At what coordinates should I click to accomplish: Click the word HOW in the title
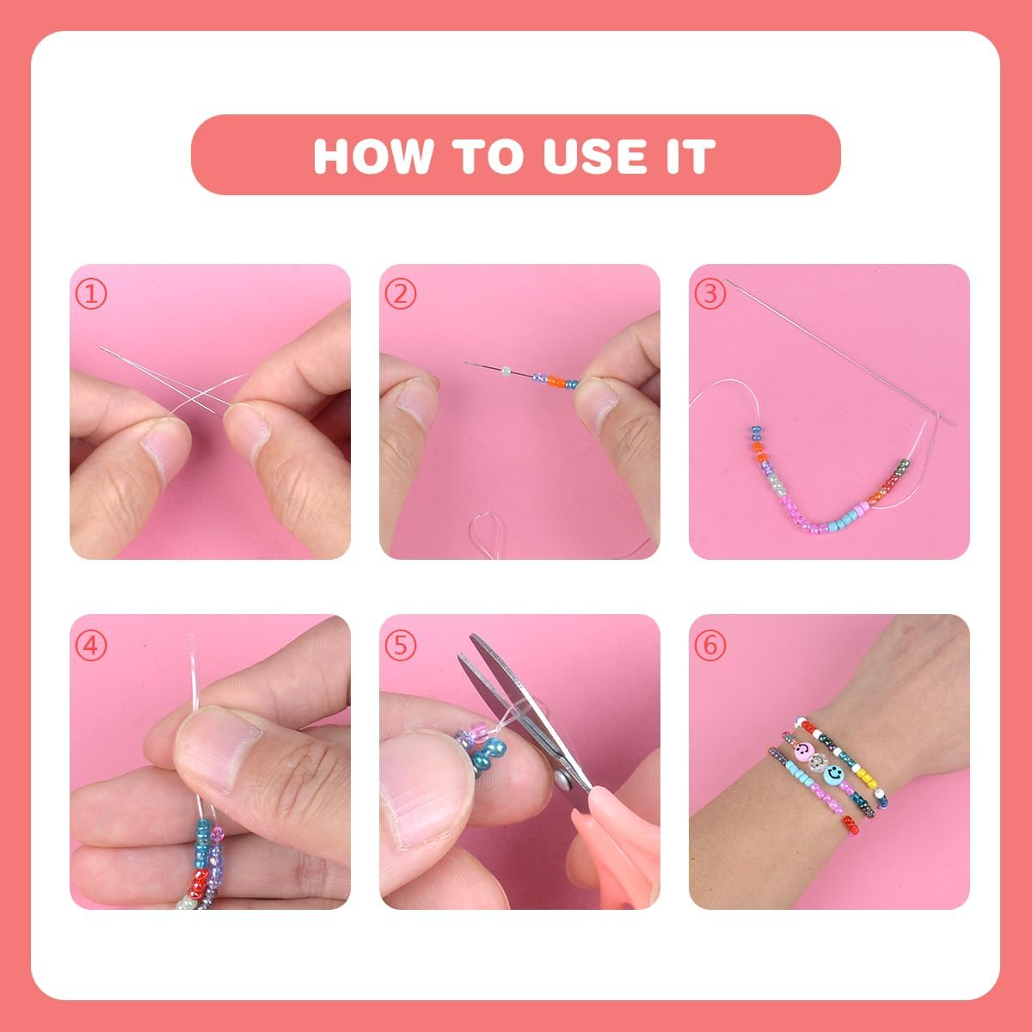(372, 156)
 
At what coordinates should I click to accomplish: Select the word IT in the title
(691, 156)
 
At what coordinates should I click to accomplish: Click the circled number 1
(91, 294)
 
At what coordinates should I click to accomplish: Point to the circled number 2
(401, 294)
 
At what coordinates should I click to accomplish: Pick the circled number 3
(710, 294)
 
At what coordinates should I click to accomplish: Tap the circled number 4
(91, 645)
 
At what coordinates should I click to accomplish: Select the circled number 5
(401, 645)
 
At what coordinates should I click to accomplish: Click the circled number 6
(710, 645)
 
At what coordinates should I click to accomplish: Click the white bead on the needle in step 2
(506, 371)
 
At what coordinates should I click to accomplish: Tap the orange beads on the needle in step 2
(557, 381)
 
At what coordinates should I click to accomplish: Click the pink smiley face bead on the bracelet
(803, 752)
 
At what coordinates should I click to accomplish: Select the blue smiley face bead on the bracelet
(833, 772)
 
